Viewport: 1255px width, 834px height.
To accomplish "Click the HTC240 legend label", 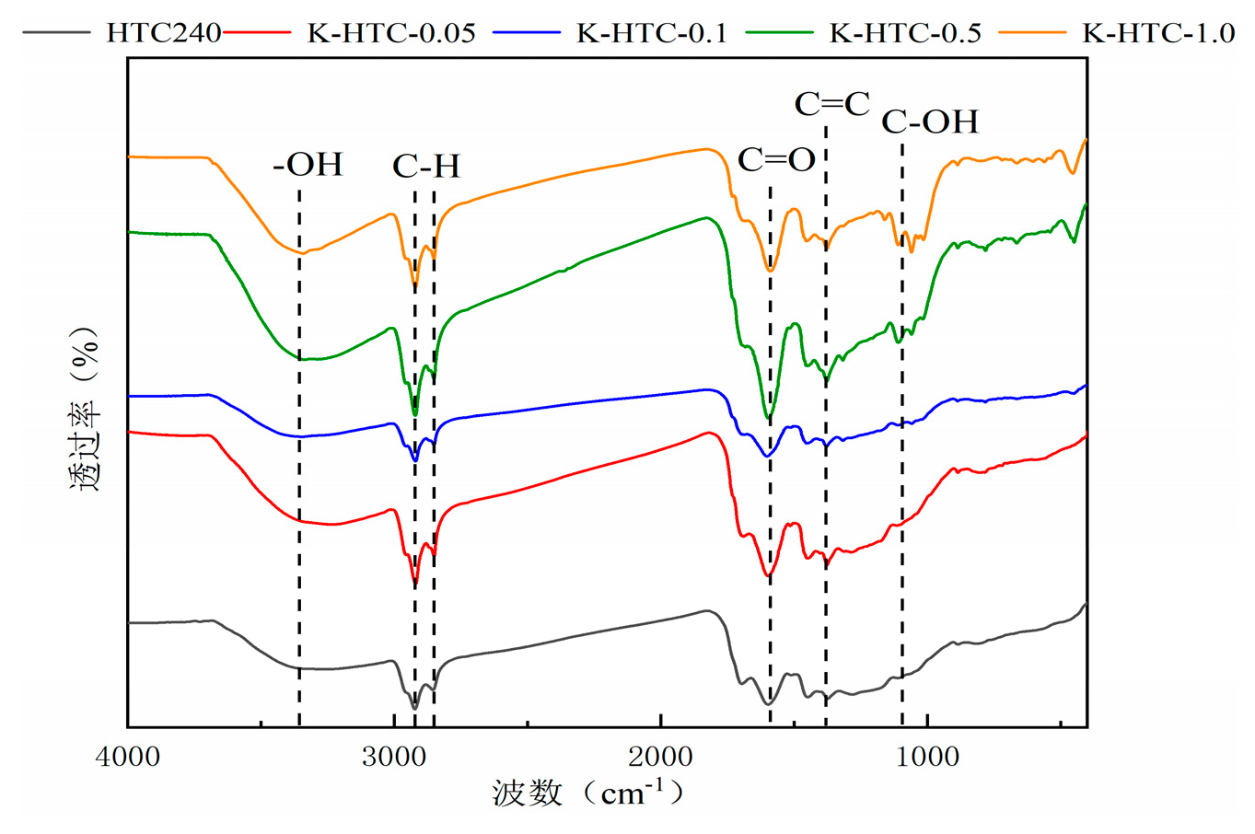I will (x=164, y=34).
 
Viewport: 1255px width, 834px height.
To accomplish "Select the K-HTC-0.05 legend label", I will (x=391, y=34).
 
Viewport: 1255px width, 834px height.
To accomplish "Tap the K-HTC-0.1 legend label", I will (x=652, y=34).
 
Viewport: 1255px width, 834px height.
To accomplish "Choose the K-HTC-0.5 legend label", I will (x=905, y=34).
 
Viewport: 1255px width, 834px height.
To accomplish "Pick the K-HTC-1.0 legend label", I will (x=1158, y=34).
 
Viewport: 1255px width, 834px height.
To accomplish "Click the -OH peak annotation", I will (x=308, y=165).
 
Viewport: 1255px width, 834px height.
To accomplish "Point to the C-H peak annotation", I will (x=425, y=167).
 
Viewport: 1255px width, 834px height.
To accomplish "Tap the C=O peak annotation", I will (x=776, y=161).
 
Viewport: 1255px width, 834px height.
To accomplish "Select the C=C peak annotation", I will (x=832, y=104).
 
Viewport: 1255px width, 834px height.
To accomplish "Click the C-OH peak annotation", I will (x=930, y=122).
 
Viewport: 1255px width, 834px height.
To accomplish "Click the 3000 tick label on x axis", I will (x=394, y=758).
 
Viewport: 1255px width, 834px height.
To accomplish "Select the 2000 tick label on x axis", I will (x=661, y=758).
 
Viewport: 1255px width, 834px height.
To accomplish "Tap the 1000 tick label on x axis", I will (x=927, y=758).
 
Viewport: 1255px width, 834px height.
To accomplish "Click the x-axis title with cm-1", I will (x=589, y=792).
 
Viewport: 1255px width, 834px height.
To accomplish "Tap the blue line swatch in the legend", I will (x=527, y=33).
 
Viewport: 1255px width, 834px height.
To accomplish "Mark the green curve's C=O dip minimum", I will (x=769, y=419).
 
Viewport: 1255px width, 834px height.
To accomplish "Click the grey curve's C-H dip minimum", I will (x=415, y=708).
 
